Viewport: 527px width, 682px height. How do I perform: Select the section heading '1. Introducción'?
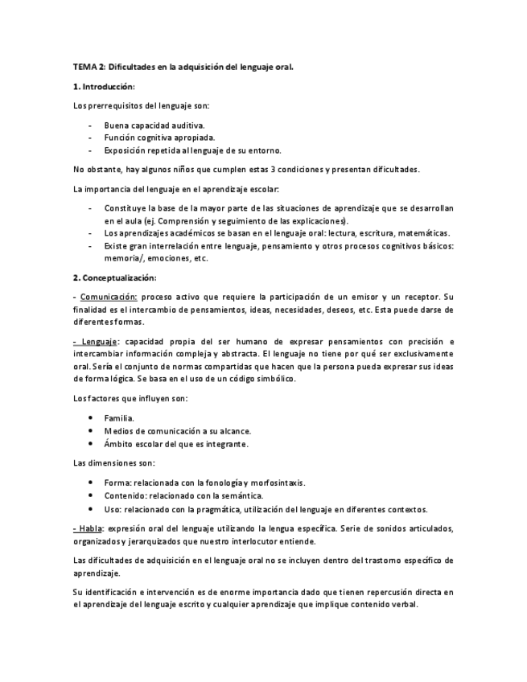click(x=104, y=86)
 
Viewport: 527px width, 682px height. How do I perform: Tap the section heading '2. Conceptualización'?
click(x=113, y=277)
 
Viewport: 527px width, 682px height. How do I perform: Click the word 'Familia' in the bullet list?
click(x=119, y=418)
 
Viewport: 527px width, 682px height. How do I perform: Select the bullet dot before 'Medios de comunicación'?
click(x=89, y=431)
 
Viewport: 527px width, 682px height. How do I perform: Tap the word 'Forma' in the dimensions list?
click(x=117, y=483)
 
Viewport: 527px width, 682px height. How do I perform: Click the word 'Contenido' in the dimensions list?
click(x=126, y=495)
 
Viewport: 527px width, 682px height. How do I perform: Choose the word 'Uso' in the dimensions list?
click(x=113, y=509)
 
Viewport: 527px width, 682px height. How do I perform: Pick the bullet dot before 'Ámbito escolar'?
click(x=89, y=444)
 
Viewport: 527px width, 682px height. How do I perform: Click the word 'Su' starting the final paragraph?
click(x=77, y=592)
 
